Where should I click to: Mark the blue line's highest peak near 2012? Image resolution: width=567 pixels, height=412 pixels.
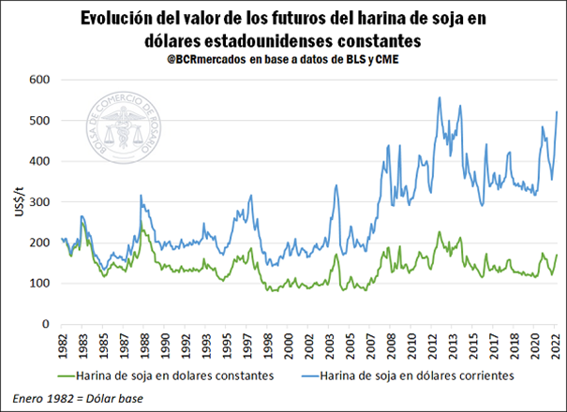[439, 96]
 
